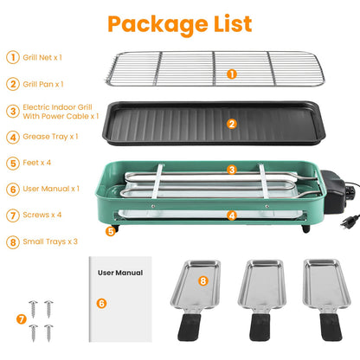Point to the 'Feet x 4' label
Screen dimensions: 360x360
(x=37, y=162)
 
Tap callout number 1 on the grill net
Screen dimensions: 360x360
(x=231, y=74)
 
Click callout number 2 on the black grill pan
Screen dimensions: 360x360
(x=231, y=124)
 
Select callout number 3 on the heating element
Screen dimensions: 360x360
(x=231, y=170)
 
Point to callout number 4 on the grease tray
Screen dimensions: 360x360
(x=231, y=215)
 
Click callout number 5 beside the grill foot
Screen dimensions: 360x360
(x=110, y=231)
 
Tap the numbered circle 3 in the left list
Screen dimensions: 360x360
(x=12, y=110)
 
